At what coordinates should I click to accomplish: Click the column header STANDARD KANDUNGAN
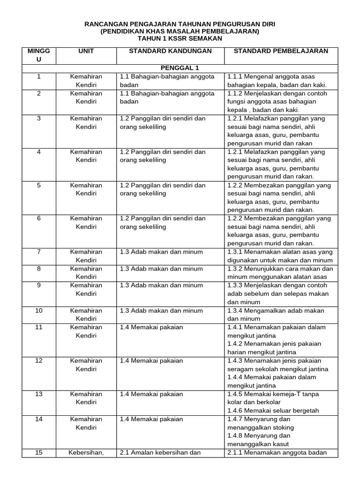pyautogui.click(x=170, y=51)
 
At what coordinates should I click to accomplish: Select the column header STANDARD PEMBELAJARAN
pyautogui.click(x=281, y=51)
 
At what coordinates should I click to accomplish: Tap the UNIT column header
pyautogui.click(x=86, y=51)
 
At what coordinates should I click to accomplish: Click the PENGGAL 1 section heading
pyautogui.click(x=180, y=67)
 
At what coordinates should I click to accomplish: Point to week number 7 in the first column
pyautogui.click(x=39, y=252)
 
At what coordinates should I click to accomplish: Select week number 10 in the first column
pyautogui.click(x=39, y=310)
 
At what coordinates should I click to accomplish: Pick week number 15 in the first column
pyautogui.click(x=39, y=452)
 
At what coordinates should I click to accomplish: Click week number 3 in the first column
pyautogui.click(x=39, y=119)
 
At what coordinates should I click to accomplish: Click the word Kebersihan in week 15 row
pyautogui.click(x=85, y=452)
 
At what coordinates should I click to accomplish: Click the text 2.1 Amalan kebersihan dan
pyautogui.click(x=160, y=452)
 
